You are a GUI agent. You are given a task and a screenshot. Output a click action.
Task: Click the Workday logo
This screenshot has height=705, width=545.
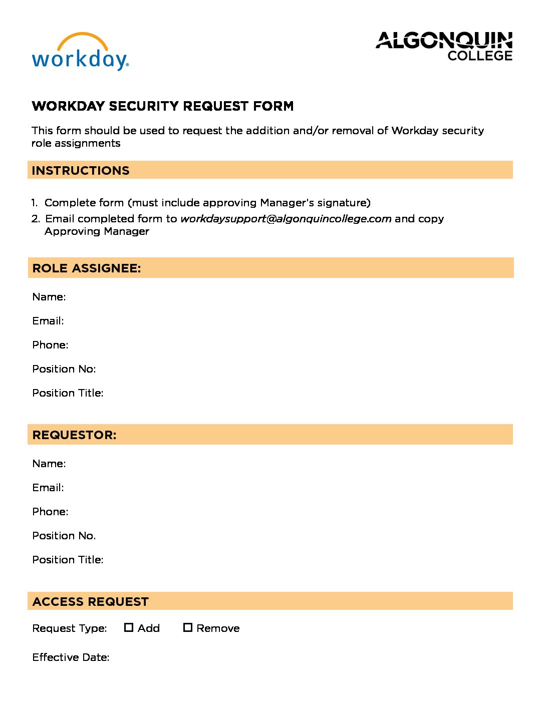click(80, 53)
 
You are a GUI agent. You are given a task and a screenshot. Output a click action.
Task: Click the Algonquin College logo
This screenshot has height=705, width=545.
click(444, 46)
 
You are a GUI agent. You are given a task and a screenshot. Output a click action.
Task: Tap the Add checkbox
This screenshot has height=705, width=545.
click(129, 627)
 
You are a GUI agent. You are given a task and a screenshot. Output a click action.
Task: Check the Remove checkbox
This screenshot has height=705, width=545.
click(188, 627)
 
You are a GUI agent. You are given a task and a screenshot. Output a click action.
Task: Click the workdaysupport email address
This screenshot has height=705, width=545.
click(286, 219)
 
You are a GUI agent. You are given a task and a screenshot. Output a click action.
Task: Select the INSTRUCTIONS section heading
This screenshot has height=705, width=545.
click(81, 171)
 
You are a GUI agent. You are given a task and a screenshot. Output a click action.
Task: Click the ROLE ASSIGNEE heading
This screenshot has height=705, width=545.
click(87, 268)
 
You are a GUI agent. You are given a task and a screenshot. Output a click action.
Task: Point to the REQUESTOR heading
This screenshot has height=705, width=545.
click(74, 435)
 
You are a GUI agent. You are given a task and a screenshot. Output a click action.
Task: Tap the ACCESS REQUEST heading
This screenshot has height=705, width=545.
click(91, 602)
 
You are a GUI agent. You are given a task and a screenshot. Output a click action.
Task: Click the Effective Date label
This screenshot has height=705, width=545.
click(71, 657)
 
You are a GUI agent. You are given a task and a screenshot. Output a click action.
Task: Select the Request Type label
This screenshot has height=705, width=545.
click(70, 628)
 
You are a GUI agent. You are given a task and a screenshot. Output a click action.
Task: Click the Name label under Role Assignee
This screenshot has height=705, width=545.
click(49, 297)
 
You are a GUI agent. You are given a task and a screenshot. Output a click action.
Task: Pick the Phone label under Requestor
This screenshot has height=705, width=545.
click(50, 512)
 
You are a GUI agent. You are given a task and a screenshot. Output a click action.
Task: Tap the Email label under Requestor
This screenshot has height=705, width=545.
click(48, 488)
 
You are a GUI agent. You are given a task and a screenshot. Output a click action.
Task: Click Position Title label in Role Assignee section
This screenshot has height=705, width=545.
click(68, 393)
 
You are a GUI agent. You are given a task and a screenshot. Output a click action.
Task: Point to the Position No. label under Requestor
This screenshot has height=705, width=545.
click(64, 536)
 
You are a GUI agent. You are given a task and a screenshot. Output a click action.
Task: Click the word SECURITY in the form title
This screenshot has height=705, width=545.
click(144, 106)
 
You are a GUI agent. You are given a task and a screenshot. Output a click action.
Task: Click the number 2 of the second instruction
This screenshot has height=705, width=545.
click(35, 219)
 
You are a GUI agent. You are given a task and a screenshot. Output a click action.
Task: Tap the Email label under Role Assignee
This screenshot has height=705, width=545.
click(48, 321)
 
